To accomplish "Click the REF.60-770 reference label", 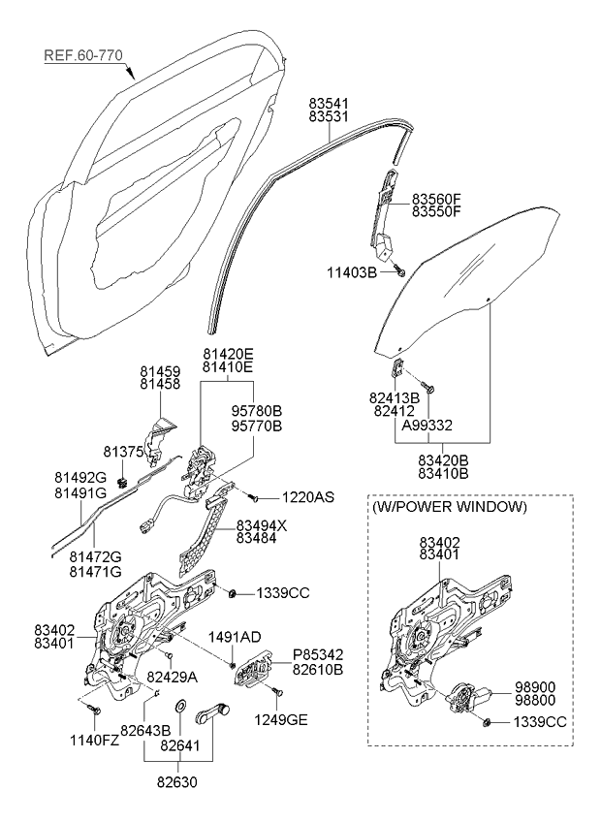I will (83, 56).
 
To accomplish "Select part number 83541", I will (330, 102).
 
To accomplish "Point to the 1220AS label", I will (308, 497).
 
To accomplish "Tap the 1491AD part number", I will (236, 637).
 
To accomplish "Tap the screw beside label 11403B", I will (399, 272).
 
